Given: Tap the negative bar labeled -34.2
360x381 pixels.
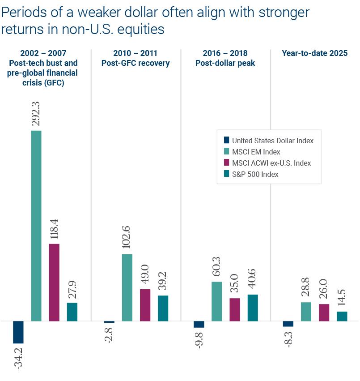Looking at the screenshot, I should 18,332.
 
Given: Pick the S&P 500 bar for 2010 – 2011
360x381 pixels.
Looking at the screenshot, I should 163,308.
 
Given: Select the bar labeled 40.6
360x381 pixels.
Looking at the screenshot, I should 252,308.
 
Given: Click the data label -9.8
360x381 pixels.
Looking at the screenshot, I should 199,340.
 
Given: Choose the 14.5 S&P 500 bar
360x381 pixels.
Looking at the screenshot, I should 342,316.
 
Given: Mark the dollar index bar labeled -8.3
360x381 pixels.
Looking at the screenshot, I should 288,324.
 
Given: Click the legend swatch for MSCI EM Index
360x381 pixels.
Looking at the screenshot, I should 226,152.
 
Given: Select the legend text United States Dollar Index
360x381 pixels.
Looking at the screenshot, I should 272,141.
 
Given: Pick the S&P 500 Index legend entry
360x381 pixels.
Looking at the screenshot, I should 255,174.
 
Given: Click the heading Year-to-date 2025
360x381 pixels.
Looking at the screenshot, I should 314,53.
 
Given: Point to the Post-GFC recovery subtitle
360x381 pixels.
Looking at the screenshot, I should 136,63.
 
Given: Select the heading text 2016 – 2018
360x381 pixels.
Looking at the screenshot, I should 225,53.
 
